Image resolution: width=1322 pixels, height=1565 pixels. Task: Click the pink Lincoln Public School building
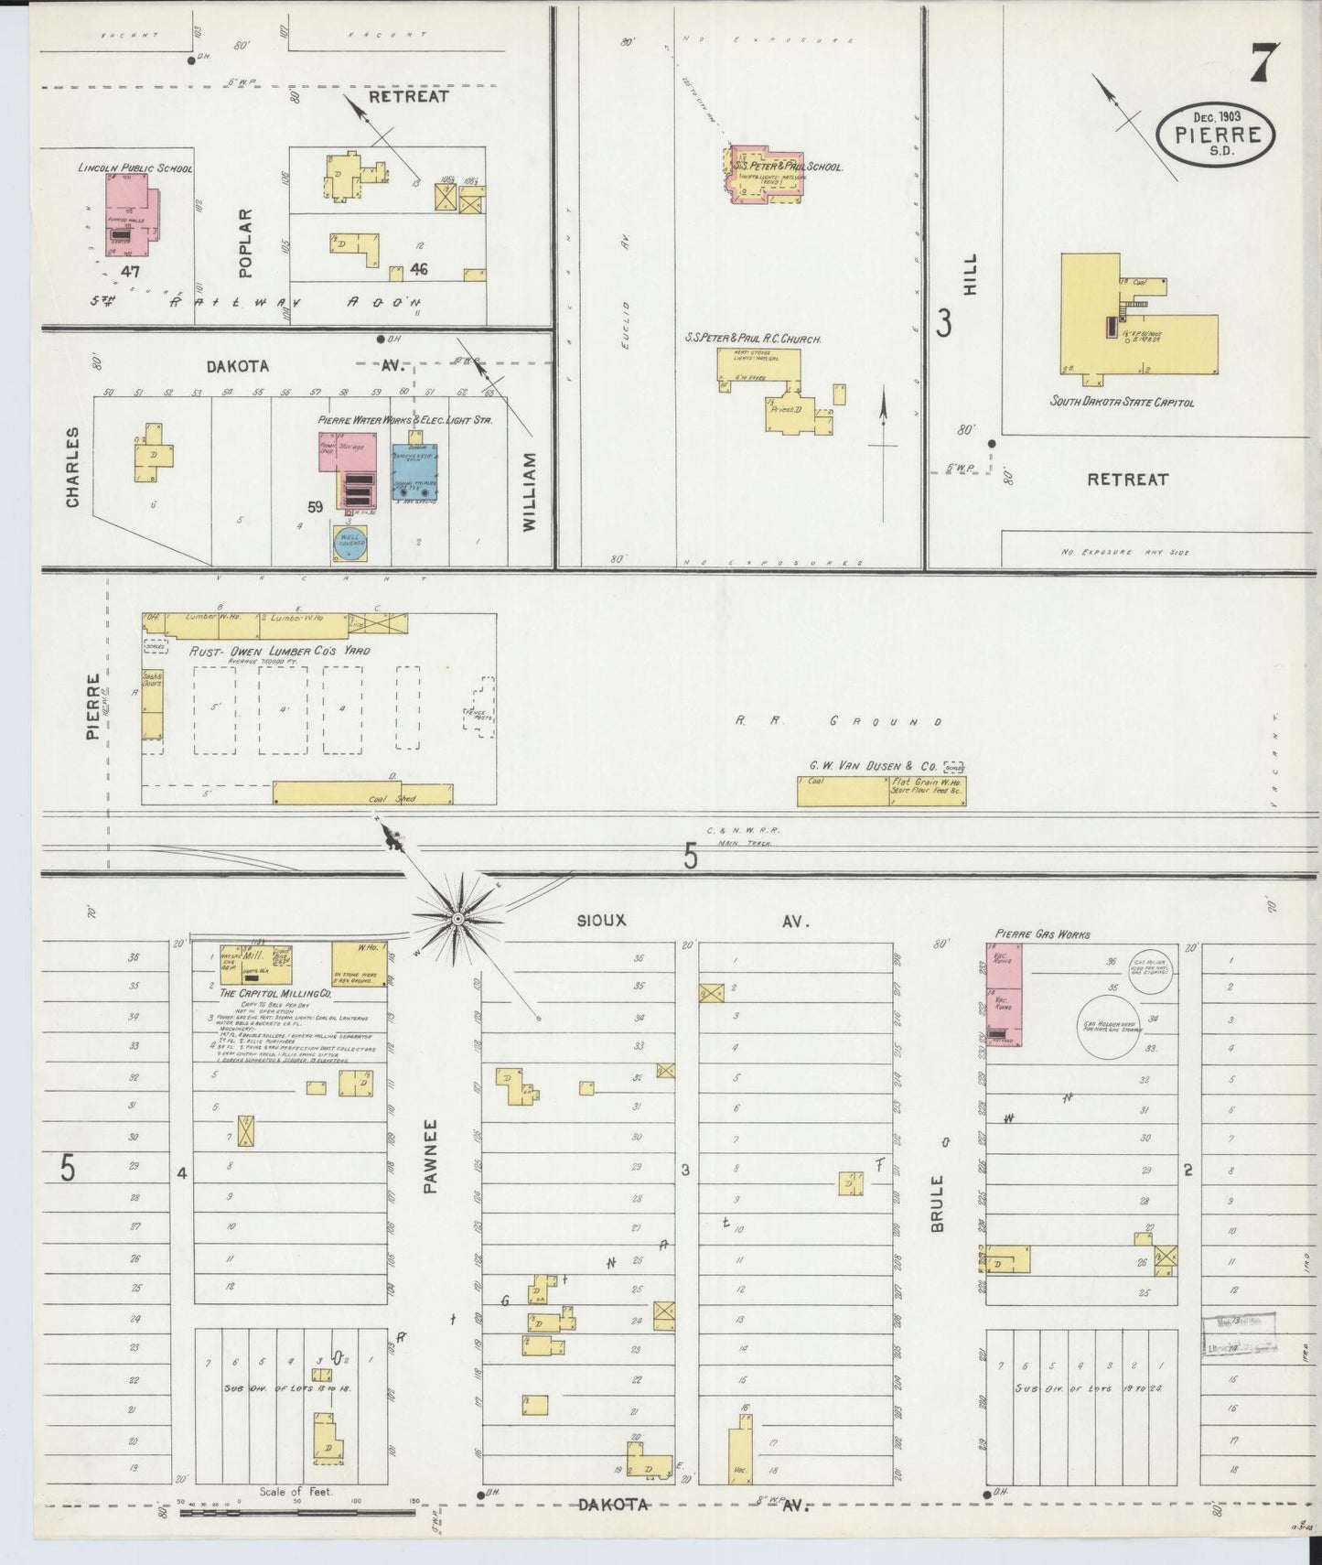click(131, 217)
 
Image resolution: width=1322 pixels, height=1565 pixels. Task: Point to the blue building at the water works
click(414, 472)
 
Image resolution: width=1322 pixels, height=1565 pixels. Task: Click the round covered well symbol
click(350, 542)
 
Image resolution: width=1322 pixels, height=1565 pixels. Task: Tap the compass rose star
click(457, 916)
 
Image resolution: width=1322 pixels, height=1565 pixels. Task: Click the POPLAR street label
click(244, 243)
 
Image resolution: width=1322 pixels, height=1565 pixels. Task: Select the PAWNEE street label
click(432, 1156)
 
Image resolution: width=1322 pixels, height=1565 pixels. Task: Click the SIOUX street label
click(601, 920)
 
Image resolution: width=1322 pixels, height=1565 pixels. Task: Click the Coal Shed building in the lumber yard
click(363, 793)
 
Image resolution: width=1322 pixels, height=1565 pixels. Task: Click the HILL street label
click(970, 274)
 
